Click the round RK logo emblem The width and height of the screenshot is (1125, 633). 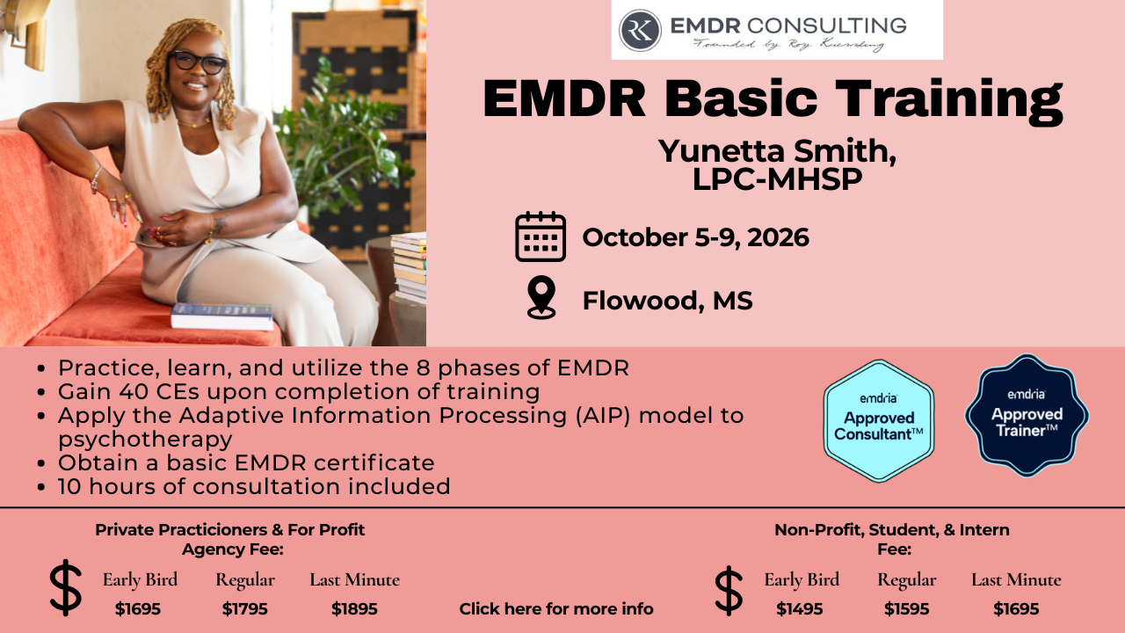tap(639, 30)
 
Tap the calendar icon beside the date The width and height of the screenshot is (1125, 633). tap(541, 236)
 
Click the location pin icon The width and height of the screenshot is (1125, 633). tap(541, 297)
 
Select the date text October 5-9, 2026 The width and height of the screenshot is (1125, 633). tap(695, 237)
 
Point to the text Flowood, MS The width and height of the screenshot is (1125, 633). tap(667, 301)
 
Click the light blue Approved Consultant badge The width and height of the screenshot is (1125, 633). tap(878, 421)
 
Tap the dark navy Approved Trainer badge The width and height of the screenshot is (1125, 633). tap(1027, 416)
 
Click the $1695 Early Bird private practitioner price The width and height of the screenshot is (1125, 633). tap(138, 609)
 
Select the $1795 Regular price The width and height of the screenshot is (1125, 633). tap(244, 609)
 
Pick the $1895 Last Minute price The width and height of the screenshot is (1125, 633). tap(354, 609)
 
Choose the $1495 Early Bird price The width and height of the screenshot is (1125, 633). tap(800, 609)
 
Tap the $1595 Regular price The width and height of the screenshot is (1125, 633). tap(906, 609)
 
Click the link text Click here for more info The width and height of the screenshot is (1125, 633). tap(556, 609)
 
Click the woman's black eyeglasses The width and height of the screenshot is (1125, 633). tap(198, 62)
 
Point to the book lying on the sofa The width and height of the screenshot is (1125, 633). tap(222, 316)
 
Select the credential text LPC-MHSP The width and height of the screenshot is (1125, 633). tap(777, 178)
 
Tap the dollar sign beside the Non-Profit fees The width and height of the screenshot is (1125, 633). tap(729, 591)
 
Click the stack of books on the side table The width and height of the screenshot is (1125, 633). tap(409, 268)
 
